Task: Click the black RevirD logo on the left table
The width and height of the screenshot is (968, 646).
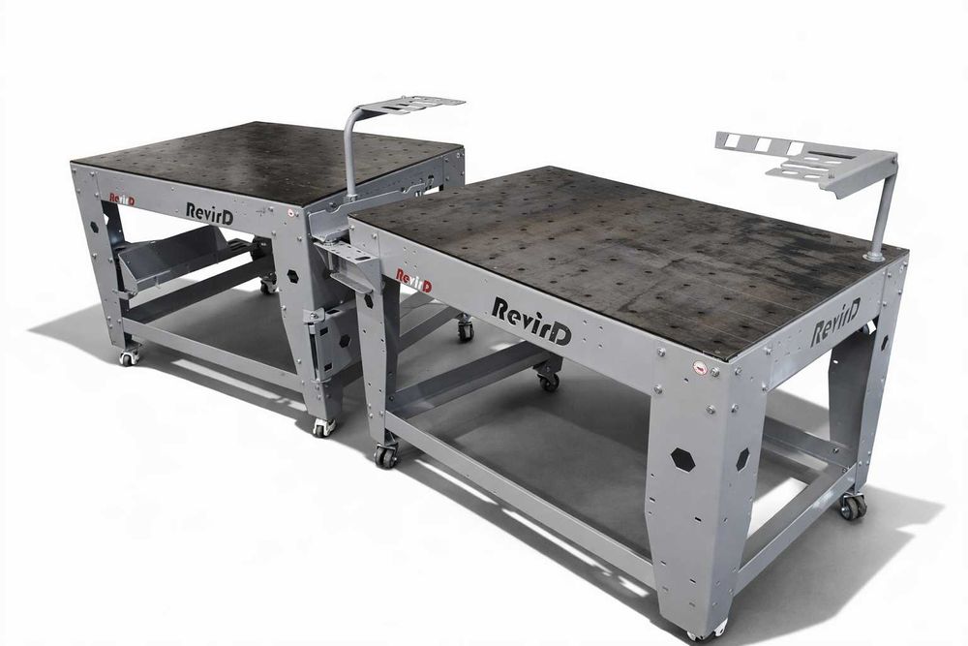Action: coord(210,211)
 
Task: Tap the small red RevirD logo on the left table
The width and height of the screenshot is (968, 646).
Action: coord(122,199)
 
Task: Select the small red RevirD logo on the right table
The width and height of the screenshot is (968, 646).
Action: coord(413,280)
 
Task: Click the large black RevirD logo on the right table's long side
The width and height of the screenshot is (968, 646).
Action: coord(531,321)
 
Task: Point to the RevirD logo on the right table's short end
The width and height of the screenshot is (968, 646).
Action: coord(834,323)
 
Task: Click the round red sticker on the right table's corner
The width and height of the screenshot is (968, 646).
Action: coord(700,367)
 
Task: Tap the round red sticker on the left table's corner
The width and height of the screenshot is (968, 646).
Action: coord(290,212)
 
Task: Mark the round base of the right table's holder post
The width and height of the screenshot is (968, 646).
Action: coord(874,255)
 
